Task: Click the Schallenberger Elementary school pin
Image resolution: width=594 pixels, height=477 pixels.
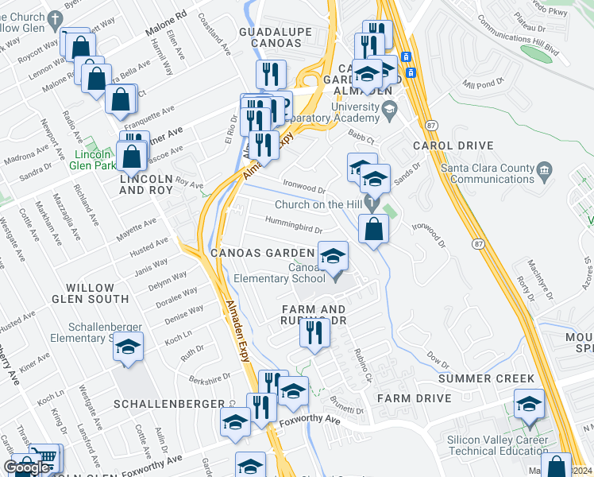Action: click(129, 347)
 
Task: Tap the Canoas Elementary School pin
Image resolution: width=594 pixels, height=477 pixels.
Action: click(334, 256)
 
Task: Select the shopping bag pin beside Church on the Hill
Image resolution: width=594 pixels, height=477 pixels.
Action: click(373, 229)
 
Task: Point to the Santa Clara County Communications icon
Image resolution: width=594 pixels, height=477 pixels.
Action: click(545, 169)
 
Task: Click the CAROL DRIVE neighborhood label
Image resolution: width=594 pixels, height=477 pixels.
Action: click(453, 146)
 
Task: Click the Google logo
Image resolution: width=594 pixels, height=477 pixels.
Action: click(27, 467)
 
